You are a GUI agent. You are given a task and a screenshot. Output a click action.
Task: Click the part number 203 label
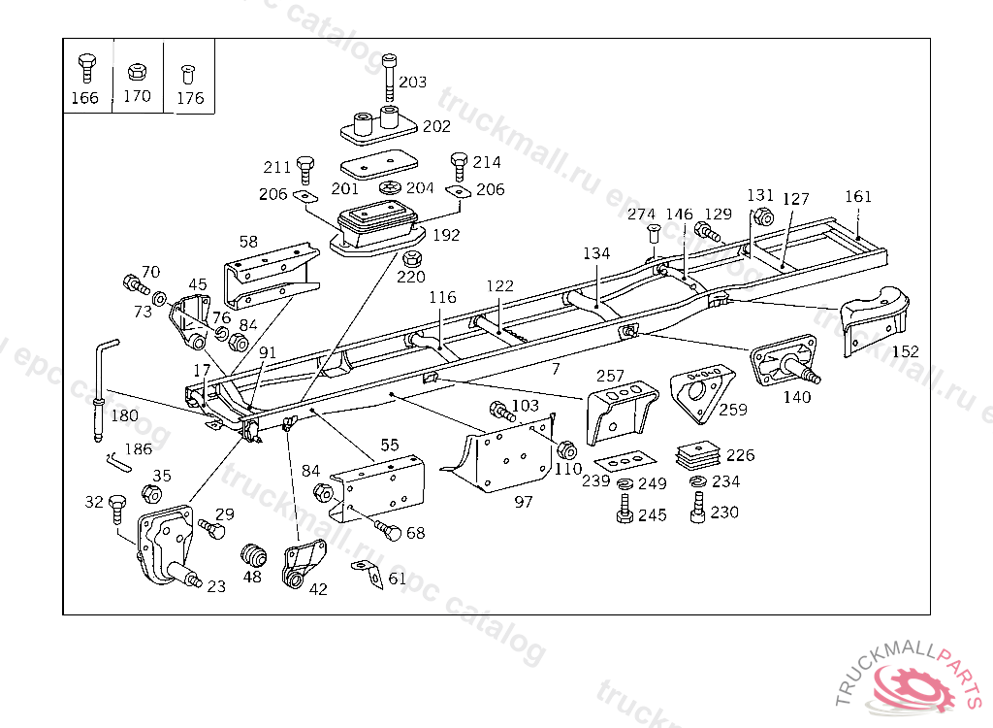(x=412, y=83)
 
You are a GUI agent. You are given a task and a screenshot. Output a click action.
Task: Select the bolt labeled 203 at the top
(x=389, y=76)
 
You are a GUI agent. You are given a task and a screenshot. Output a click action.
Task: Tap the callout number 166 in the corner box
(x=85, y=97)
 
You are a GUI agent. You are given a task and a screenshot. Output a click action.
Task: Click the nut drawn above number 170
(x=137, y=72)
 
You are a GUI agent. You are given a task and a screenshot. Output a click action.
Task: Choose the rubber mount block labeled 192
(x=378, y=229)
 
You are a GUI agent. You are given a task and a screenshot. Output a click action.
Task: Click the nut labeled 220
(x=411, y=258)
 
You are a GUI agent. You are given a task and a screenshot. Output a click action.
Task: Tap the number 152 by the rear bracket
(x=904, y=351)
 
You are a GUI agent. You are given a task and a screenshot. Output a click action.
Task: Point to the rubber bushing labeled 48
(x=253, y=555)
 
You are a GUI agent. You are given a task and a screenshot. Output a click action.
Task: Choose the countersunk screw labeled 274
(x=652, y=234)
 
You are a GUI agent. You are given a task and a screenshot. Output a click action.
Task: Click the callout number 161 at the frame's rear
(x=857, y=196)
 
